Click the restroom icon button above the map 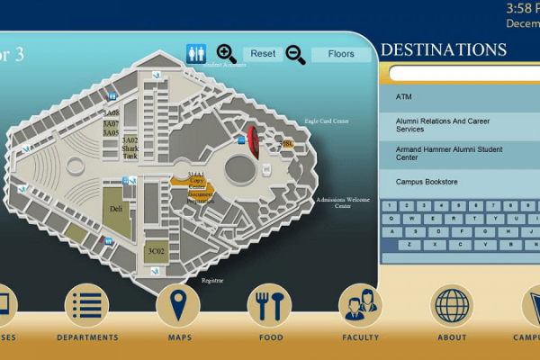[x=197, y=54]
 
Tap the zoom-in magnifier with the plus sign [x=227, y=54]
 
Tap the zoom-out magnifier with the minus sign [x=295, y=54]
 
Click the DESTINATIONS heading [x=444, y=49]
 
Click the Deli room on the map [x=115, y=208]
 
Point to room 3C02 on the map [x=157, y=251]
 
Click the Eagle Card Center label [x=327, y=121]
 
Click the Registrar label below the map [x=211, y=281]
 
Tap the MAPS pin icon [x=178, y=306]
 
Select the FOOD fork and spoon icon [x=270, y=306]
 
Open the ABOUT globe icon [x=452, y=306]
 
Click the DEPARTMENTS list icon [x=87, y=306]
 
